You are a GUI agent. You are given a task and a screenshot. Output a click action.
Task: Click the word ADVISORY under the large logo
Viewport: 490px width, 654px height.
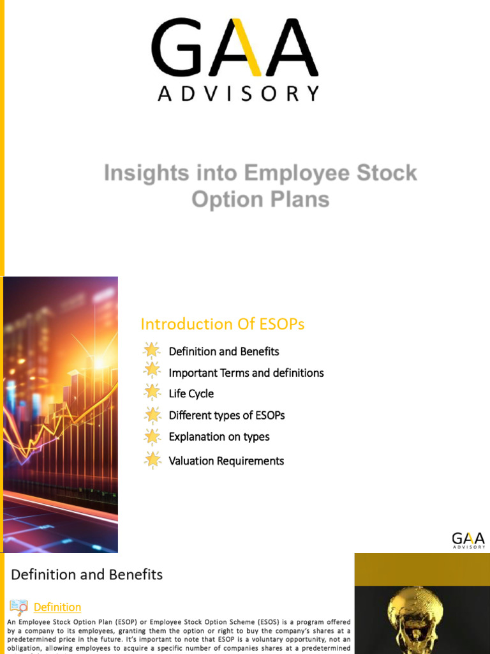[x=238, y=95]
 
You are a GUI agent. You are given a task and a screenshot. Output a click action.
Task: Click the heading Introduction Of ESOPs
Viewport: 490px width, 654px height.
[x=222, y=324]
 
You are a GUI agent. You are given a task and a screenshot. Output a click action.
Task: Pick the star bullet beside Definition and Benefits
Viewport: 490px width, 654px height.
[x=152, y=351]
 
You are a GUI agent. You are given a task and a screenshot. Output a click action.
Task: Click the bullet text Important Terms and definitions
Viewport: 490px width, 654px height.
[x=246, y=372]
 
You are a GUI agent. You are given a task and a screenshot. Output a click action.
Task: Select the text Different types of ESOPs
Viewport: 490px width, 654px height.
[x=226, y=415]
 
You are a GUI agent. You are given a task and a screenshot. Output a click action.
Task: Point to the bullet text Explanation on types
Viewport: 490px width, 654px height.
[x=219, y=437]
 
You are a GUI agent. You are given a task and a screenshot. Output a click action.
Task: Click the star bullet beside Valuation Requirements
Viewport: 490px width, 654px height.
[x=152, y=460]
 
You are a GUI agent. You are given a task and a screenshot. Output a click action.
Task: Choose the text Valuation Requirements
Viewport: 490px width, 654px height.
[x=226, y=460]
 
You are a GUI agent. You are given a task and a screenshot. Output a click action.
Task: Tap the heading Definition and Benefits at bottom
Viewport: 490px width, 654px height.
[x=87, y=575]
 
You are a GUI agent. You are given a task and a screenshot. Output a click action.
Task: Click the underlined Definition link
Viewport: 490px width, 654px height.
[x=57, y=607]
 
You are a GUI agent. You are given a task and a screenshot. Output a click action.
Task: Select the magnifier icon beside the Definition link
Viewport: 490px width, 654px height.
[x=19, y=607]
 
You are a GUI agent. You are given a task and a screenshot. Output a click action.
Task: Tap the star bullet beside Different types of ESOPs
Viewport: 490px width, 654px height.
[x=152, y=415]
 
